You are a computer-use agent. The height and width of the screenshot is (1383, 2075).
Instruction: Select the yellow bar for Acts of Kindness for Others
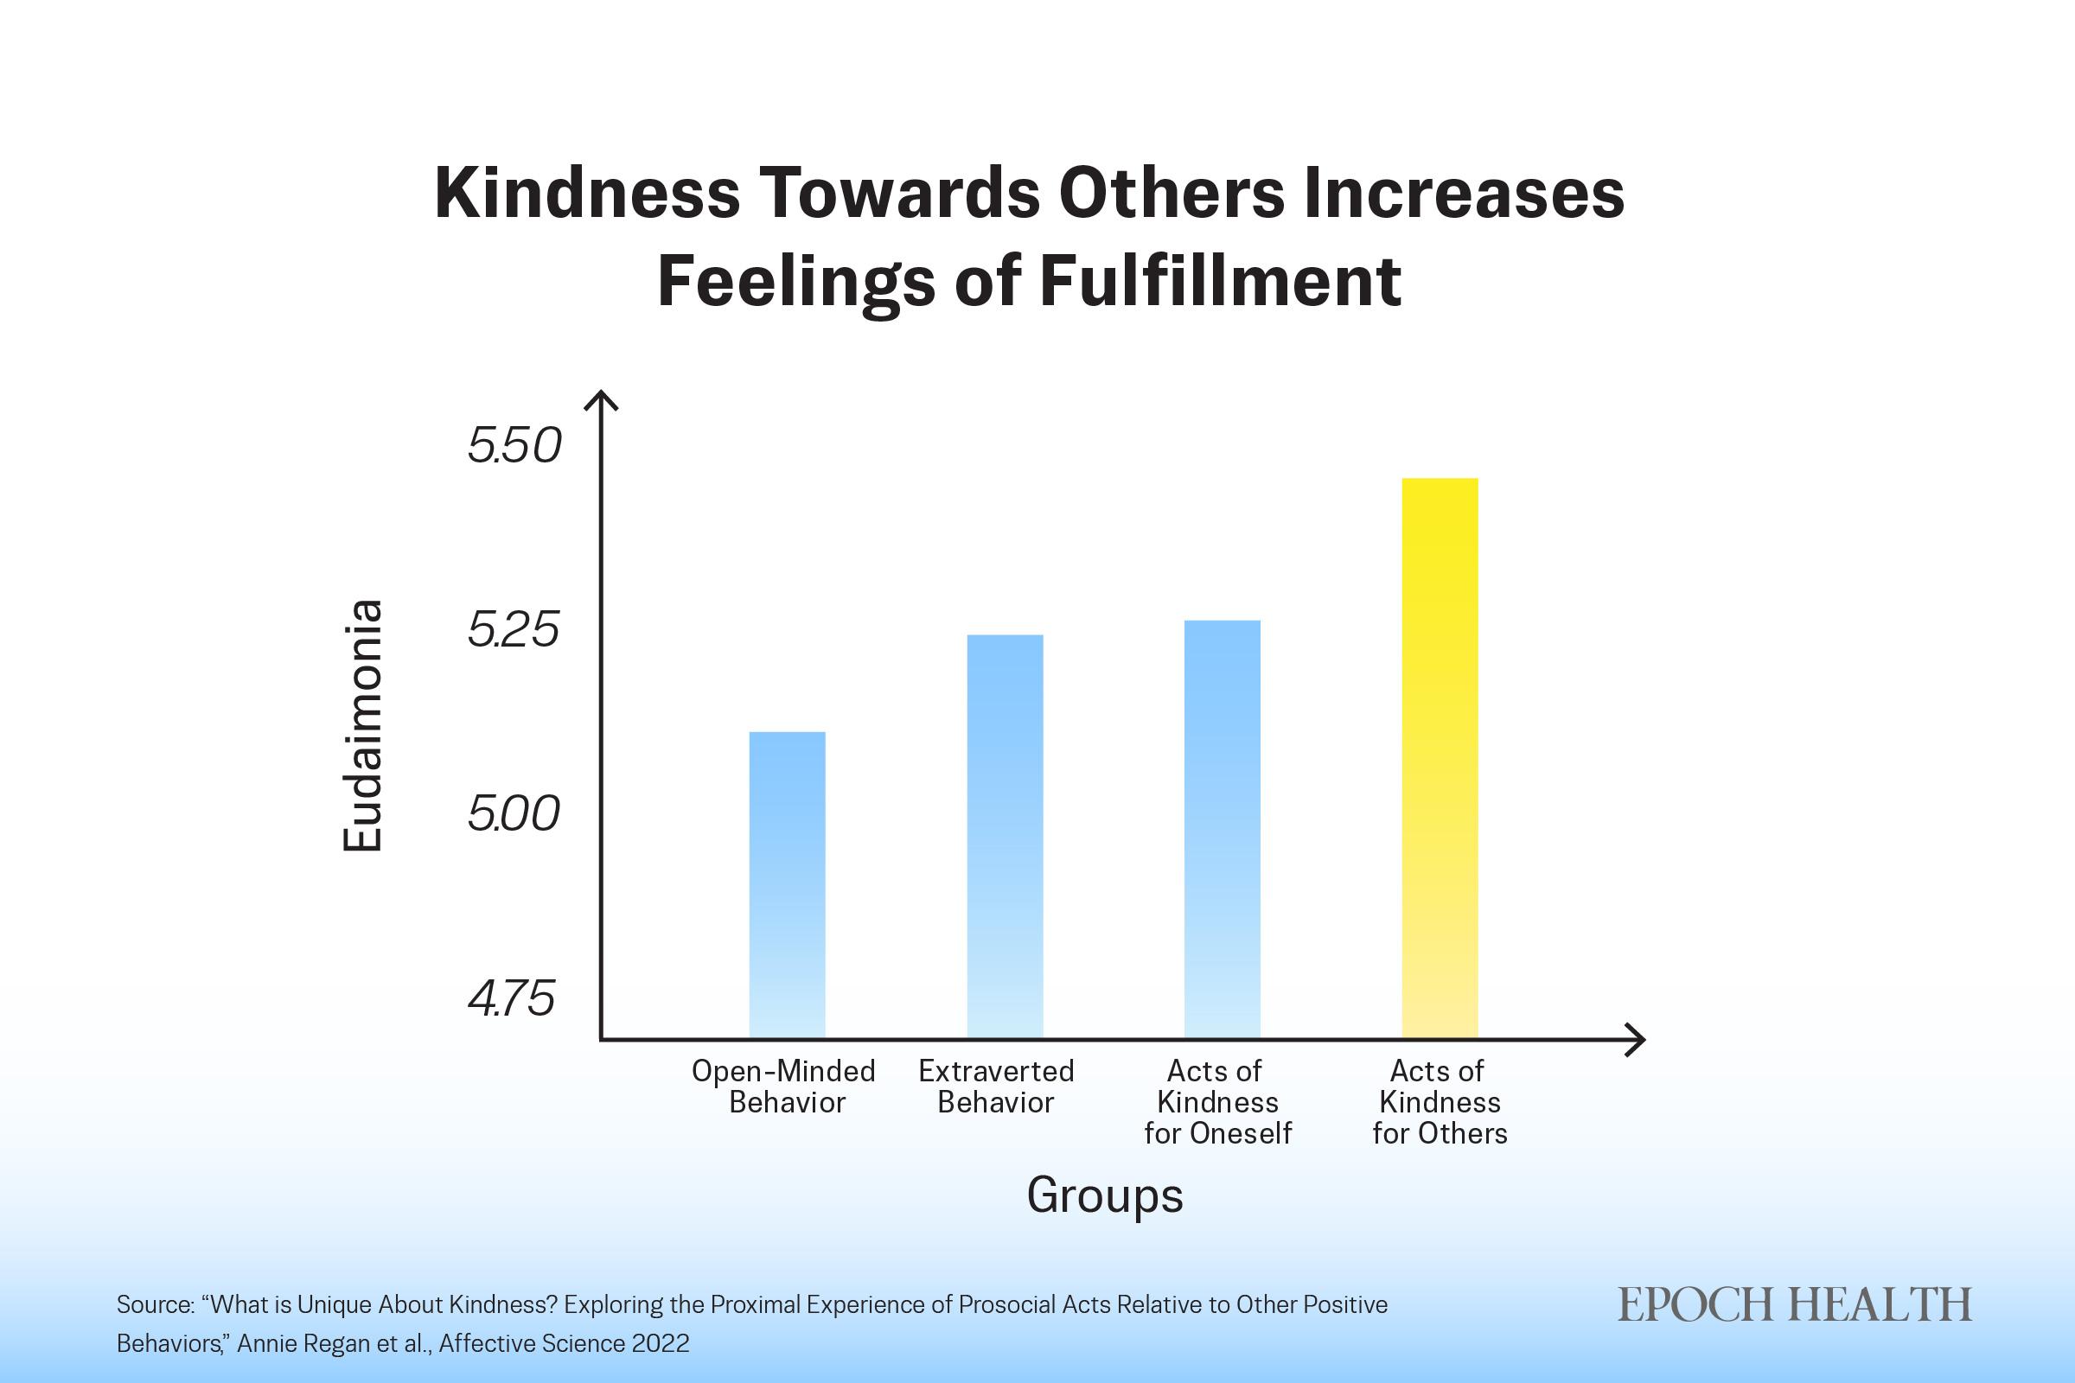1440,759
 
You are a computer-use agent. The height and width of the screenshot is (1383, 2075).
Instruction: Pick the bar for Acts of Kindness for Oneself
1222,829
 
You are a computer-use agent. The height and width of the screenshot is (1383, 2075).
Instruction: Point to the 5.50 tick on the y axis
514,446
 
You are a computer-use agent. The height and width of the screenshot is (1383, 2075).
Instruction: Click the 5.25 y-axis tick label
514,631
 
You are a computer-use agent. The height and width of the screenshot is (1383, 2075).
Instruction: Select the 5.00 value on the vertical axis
514,814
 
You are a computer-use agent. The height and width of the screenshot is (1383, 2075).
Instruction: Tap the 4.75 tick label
512,999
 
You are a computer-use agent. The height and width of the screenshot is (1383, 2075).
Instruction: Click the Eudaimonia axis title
362,726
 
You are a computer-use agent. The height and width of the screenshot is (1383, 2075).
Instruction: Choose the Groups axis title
1105,1196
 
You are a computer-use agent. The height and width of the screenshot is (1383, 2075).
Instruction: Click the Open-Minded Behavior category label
783,1087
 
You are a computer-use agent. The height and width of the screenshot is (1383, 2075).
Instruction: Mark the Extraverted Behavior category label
996,1087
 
